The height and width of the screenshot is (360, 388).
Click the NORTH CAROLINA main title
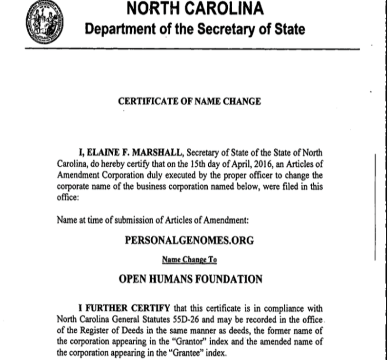195,9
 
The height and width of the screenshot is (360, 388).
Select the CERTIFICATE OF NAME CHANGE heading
190,102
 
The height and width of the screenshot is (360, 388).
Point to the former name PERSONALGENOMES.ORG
190,240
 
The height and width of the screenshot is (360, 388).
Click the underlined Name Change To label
189,259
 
